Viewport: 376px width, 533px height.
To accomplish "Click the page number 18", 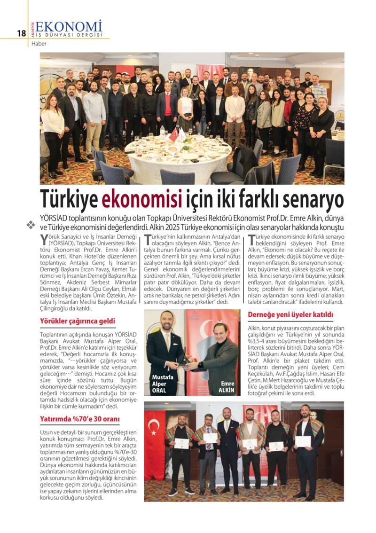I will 21,33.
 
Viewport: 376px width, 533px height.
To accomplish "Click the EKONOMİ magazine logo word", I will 69,26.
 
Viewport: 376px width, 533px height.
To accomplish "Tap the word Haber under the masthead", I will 39,44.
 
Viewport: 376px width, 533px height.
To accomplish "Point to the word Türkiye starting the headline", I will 70,200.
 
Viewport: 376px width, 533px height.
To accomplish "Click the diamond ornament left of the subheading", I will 31,225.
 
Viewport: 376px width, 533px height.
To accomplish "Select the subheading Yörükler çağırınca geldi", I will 78,321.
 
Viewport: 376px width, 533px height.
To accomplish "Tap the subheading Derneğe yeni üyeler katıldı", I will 290,314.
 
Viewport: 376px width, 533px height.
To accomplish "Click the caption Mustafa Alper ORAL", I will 162,384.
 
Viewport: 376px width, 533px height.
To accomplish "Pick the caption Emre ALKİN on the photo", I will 227,387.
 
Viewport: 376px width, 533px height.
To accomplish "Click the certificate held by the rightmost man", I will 303,441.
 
